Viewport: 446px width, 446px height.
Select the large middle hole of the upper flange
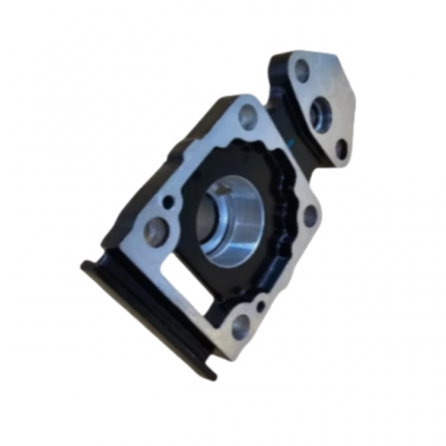tap(320, 111)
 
